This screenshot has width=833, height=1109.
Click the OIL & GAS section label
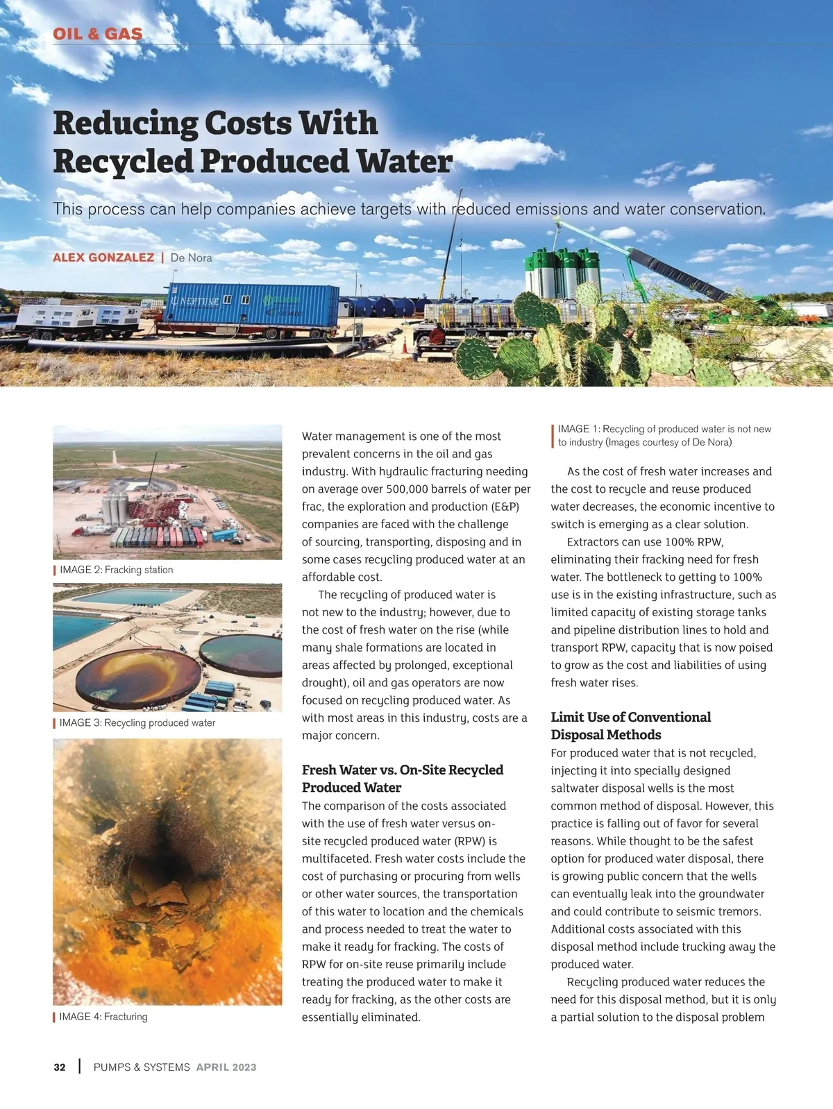click(98, 33)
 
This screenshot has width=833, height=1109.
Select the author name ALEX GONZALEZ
click(103, 257)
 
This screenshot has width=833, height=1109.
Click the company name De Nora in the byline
click(191, 257)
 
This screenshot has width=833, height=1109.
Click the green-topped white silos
click(562, 274)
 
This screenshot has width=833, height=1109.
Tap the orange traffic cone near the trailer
click(404, 344)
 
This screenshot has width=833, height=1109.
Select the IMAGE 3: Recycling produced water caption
click(137, 722)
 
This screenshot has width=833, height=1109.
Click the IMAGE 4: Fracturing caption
click(103, 1017)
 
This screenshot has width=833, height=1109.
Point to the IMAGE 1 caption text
click(664, 436)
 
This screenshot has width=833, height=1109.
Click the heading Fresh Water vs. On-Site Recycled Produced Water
click(402, 779)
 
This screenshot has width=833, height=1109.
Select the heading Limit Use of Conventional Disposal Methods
click(630, 726)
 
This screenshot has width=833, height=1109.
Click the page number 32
click(60, 1067)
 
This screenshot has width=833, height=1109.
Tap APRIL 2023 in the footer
click(226, 1067)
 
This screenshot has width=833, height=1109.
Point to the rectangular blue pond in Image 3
click(132, 597)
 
